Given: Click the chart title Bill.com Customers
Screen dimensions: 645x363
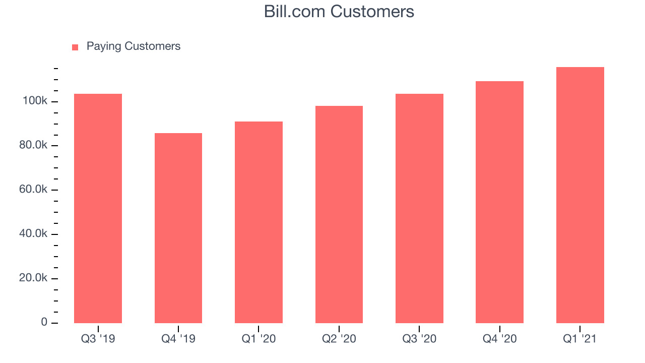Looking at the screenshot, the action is tap(339, 12).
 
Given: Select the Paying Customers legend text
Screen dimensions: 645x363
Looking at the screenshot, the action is tap(134, 46).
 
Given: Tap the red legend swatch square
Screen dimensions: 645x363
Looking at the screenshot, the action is tap(75, 47).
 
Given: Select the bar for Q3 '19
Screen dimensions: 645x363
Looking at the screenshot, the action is tap(98, 208).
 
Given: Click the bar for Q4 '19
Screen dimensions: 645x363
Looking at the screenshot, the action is tap(178, 228).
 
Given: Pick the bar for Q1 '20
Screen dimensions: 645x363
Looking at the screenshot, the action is tap(259, 222).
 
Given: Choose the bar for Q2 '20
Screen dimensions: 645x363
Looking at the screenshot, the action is tap(339, 214).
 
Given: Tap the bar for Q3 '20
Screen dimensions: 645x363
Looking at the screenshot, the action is tap(419, 208).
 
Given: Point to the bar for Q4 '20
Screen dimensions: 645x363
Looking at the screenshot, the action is tap(499, 202).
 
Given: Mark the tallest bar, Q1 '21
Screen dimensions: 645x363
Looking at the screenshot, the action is tap(580, 195).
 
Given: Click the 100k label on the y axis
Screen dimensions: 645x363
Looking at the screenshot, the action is tap(35, 100).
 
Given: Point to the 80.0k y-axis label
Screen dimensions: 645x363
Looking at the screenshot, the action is tap(33, 145).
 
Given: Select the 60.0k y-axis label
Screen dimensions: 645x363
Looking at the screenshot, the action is tap(33, 189).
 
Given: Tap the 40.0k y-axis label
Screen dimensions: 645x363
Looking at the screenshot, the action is tap(33, 233).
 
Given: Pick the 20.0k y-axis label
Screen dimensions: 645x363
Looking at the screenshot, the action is tap(33, 278).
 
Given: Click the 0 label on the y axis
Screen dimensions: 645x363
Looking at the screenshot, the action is tap(44, 322).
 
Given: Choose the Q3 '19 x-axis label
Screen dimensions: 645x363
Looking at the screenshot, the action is tap(98, 339).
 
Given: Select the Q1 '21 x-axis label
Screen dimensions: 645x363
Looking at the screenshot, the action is tap(579, 339).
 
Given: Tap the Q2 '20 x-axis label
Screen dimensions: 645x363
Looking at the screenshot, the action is tap(339, 339).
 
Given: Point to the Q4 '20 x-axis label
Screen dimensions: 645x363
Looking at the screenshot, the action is tap(499, 339).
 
